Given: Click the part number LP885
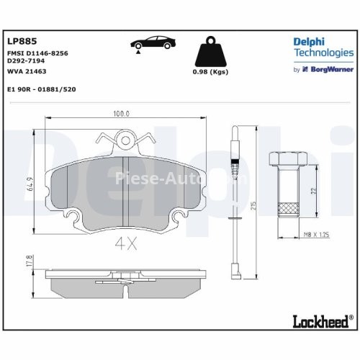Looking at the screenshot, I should tap(18, 42).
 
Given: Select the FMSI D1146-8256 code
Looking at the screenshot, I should tap(38, 55).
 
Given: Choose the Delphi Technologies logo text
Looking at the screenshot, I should tap(323, 48).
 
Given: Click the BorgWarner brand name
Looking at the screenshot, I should tap(331, 70).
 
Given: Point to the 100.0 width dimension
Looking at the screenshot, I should tap(121, 114).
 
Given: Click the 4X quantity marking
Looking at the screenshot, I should tap(125, 244).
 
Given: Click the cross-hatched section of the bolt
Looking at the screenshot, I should tap(287, 210).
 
